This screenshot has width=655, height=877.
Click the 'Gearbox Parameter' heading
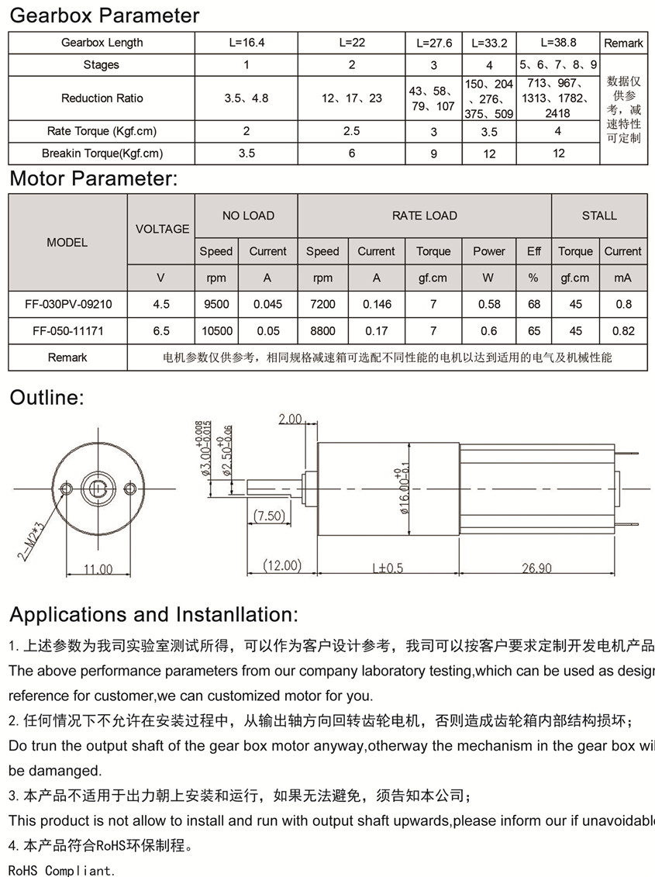click(x=104, y=16)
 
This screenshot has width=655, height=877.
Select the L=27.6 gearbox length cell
click(x=433, y=43)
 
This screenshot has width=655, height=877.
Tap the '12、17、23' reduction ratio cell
click(x=351, y=98)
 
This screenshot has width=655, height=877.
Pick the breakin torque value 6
click(x=351, y=153)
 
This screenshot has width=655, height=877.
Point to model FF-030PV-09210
click(x=68, y=304)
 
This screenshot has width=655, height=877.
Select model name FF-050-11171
click(x=68, y=330)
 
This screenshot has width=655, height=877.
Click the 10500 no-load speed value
click(x=216, y=330)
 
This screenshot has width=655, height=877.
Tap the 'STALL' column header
click(x=599, y=216)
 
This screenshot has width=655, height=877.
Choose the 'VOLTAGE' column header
click(x=162, y=229)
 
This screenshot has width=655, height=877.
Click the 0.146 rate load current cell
click(x=376, y=304)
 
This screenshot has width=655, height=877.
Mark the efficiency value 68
click(x=534, y=304)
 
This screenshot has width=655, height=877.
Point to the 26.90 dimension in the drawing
click(x=536, y=568)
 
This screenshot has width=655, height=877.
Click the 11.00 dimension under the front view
click(x=98, y=569)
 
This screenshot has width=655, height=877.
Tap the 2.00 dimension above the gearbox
click(x=290, y=419)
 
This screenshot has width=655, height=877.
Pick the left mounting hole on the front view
click(x=67, y=489)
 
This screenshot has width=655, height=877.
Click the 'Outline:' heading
click(x=47, y=398)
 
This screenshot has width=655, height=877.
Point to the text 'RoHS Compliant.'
click(x=62, y=870)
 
